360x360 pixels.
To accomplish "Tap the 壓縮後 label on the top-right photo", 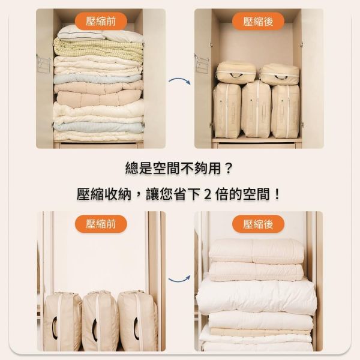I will [x=259, y=22].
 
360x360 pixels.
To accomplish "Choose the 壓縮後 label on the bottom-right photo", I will [x=259, y=225].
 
